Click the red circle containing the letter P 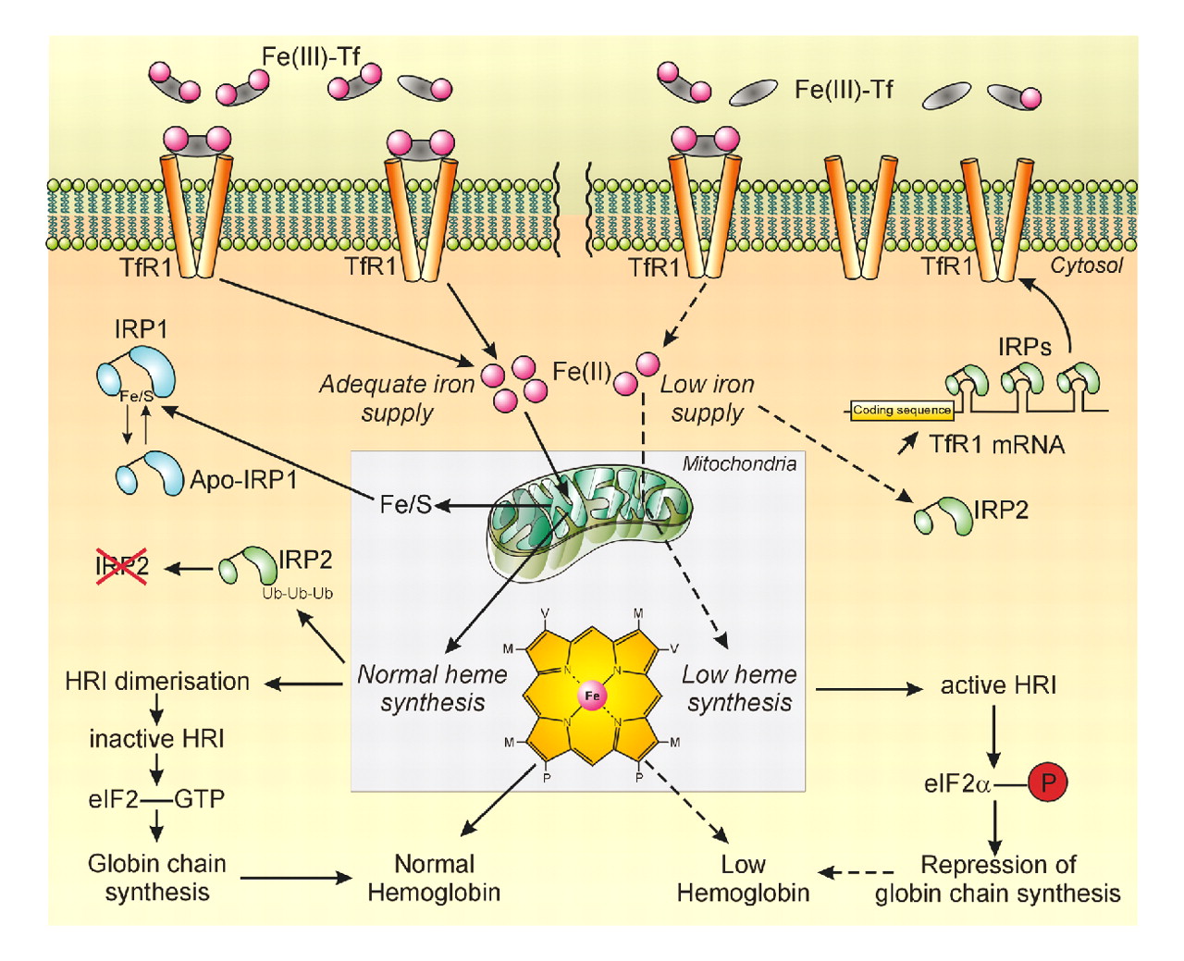[1047, 782]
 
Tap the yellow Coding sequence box [902, 410]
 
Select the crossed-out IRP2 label [122, 566]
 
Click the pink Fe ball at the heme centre [592, 696]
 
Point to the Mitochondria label [739, 463]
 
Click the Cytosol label [1086, 266]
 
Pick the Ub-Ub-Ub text [297, 593]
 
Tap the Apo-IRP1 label [242, 480]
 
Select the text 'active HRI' [998, 685]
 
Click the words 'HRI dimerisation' [157, 682]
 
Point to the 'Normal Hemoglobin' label [434, 878]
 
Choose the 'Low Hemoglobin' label [743, 879]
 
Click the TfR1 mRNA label [996, 445]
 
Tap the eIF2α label [957, 784]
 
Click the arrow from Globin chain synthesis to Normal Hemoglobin [296, 877]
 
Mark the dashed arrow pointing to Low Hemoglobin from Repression [857, 872]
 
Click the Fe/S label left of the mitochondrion [405, 504]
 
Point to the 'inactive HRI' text [156, 739]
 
